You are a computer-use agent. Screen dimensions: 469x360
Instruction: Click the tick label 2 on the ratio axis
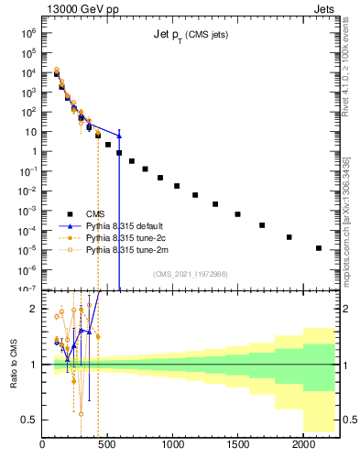click(34, 309)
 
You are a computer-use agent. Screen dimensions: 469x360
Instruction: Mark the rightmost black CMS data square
click(319, 247)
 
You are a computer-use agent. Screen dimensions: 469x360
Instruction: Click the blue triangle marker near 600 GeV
click(119, 136)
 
